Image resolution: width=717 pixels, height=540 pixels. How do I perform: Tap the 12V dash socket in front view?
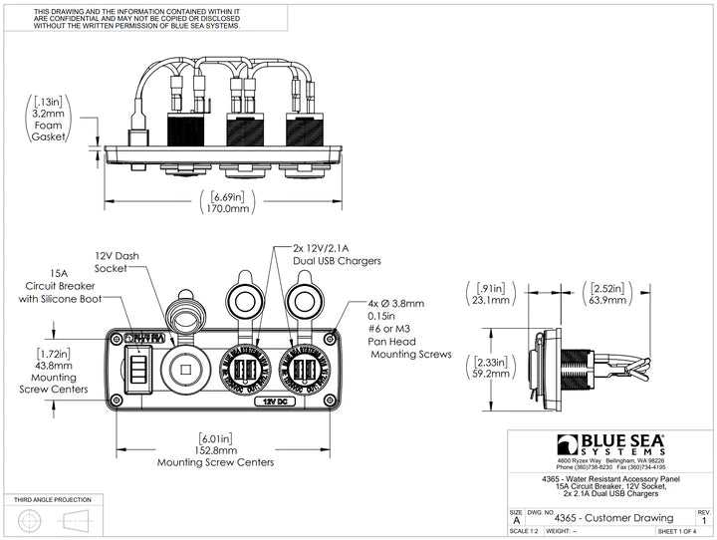[x=185, y=366]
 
